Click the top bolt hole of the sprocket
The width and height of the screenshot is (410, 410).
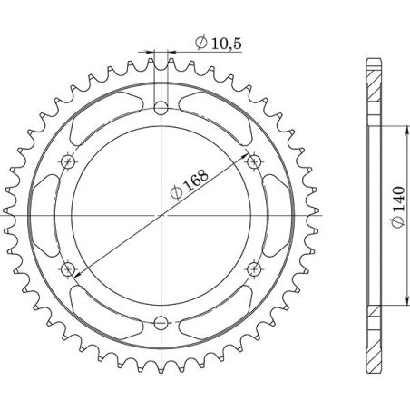[161, 109]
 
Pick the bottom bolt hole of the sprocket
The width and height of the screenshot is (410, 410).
[161, 321]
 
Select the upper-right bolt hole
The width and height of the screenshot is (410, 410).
[254, 161]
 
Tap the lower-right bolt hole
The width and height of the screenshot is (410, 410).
[254, 268]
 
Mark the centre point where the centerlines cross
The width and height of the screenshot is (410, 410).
[161, 215]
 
